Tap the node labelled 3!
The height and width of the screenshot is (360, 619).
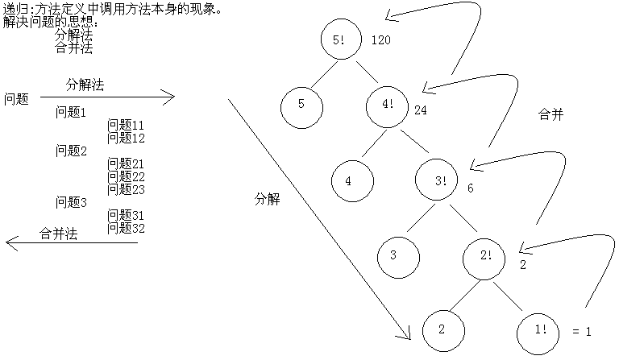point(440,180)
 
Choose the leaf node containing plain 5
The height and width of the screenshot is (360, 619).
point(302,104)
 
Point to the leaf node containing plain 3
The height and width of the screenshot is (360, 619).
point(394,256)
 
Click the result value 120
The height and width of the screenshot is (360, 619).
point(380,40)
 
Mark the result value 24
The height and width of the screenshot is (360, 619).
point(421,110)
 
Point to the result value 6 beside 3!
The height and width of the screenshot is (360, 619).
point(470,188)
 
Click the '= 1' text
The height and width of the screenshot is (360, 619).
point(581,331)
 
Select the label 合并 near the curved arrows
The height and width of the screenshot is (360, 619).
point(550,115)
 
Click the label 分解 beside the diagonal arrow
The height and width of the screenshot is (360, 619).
point(267,200)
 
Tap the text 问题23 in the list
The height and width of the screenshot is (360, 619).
point(126,189)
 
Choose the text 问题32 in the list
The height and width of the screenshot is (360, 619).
point(126,228)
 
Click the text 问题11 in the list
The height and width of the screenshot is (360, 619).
point(126,125)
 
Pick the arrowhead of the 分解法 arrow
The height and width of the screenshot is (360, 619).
point(169,98)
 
